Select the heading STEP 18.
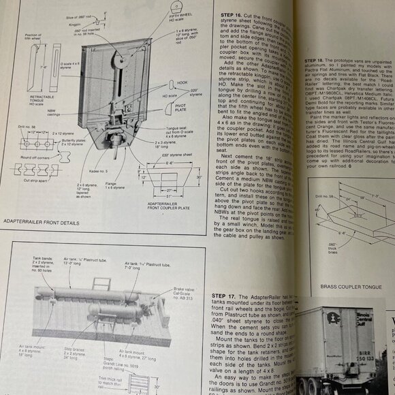(x=316, y=61)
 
